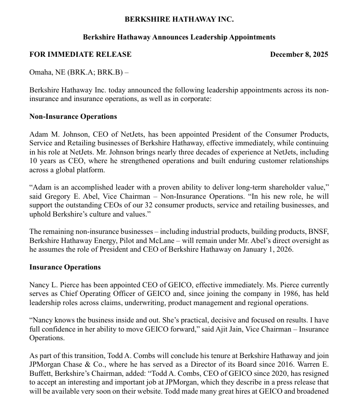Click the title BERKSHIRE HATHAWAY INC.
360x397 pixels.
click(179, 19)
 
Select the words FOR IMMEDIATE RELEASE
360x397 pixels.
click(80, 54)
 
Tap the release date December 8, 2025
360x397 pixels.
click(299, 54)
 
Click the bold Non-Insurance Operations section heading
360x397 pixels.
click(73, 116)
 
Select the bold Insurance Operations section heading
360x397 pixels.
click(65, 267)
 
